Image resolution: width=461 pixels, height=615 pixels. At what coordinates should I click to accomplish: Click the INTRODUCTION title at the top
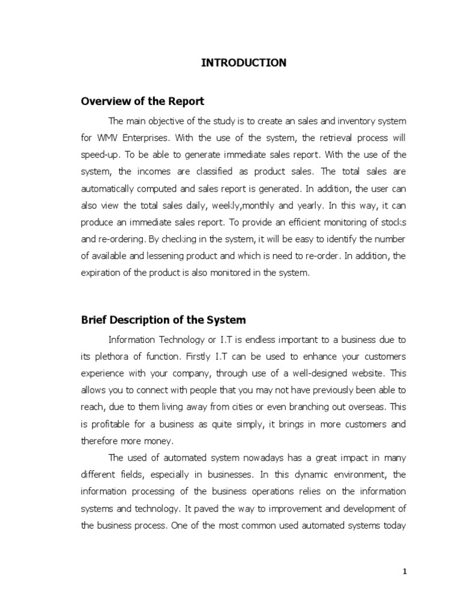(243, 62)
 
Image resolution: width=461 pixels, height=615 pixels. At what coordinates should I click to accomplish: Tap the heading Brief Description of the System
(163, 320)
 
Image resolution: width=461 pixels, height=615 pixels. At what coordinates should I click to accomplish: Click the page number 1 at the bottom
(405, 572)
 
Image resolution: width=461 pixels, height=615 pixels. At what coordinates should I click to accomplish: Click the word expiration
(101, 272)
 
